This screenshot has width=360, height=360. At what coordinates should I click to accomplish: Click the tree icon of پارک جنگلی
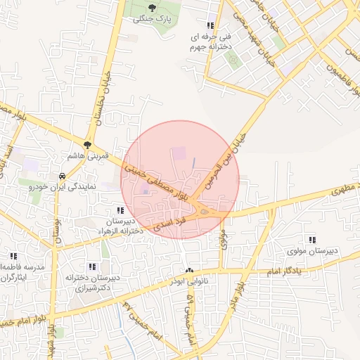152,7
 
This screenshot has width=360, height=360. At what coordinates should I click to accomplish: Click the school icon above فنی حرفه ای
210,25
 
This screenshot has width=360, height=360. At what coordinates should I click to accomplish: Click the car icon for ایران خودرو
62,175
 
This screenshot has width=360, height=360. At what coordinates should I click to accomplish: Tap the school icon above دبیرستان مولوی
312,240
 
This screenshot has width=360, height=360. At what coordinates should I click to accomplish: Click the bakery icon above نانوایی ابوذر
188,271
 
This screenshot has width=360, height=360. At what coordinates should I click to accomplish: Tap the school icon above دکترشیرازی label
91,266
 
